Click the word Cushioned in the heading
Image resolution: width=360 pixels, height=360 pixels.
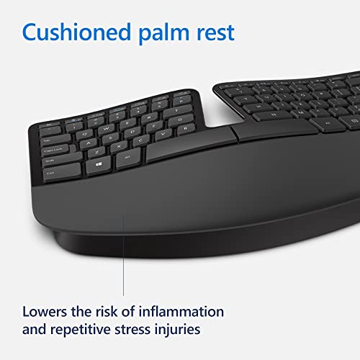[81, 33]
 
